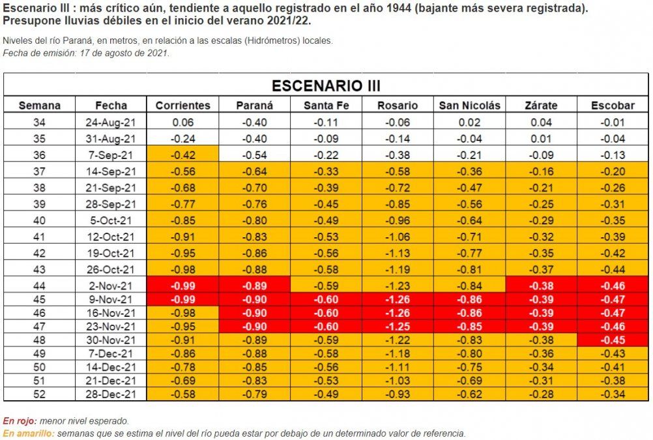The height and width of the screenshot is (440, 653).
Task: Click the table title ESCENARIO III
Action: tap(326, 86)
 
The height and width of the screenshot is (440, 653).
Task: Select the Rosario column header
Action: tap(398, 106)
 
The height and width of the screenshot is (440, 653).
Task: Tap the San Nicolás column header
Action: tap(470, 106)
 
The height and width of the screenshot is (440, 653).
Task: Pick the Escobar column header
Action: tap(613, 106)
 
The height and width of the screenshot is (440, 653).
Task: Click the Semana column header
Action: tap(39, 106)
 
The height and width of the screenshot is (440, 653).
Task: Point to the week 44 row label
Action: tap(39, 286)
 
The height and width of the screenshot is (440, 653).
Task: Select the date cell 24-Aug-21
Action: tap(111, 122)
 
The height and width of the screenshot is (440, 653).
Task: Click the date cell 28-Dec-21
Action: tap(111, 394)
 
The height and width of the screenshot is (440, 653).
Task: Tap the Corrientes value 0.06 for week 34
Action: tap(183, 122)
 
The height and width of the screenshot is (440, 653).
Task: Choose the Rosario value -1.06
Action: tap(398, 237)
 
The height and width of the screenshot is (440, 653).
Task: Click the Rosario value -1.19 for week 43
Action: tap(398, 269)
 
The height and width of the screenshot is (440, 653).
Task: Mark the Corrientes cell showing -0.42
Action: tap(183, 155)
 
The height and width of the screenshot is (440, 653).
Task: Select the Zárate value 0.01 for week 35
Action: tap(541, 138)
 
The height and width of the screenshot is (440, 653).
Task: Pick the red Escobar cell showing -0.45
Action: tap(613, 340)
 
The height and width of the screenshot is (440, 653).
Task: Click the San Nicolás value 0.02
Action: tap(470, 122)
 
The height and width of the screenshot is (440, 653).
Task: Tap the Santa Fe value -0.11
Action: tap(326, 122)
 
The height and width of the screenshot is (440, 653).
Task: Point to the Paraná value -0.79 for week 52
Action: tap(255, 394)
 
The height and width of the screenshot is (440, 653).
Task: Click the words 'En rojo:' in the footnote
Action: tap(18, 421)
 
